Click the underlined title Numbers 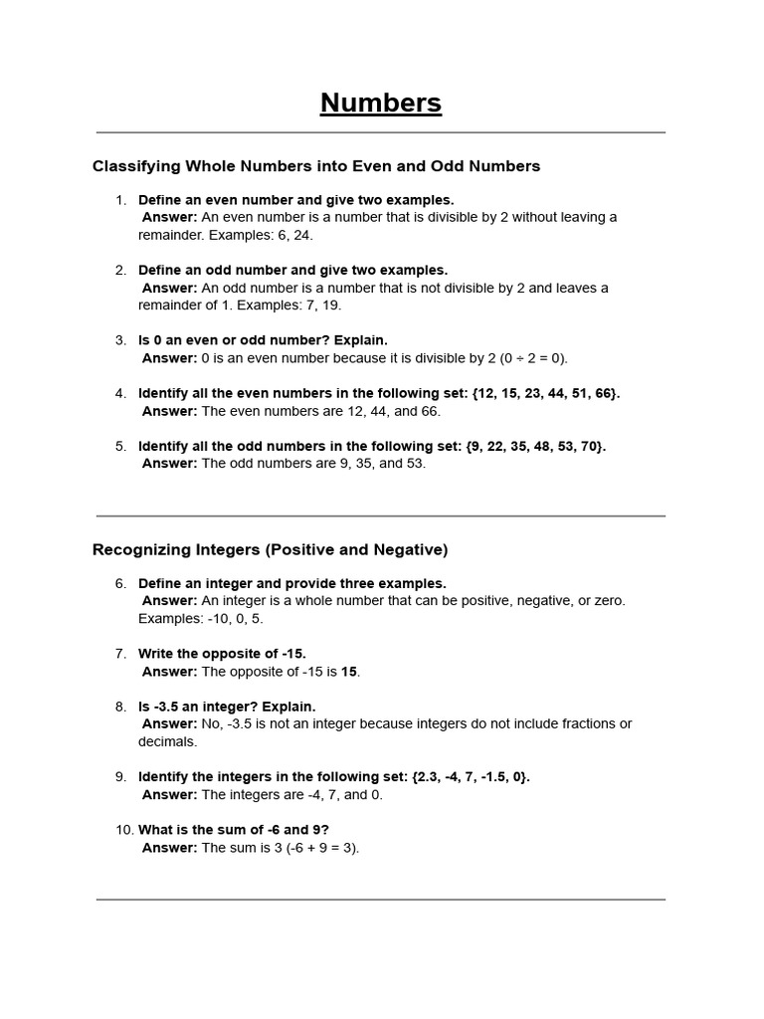[x=381, y=103]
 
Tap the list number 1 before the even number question [x=120, y=200]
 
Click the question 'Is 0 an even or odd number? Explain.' [x=263, y=340]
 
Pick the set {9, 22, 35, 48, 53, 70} [x=535, y=446]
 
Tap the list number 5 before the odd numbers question [x=120, y=446]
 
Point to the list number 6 [x=120, y=583]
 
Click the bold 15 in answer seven [x=349, y=672]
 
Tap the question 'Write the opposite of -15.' [x=222, y=654]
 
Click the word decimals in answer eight [x=168, y=741]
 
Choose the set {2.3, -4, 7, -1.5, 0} [x=470, y=777]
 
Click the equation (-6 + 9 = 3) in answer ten [x=315, y=848]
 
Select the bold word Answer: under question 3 [x=169, y=358]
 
